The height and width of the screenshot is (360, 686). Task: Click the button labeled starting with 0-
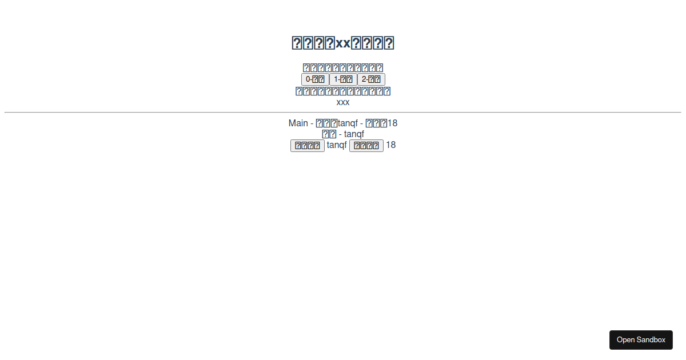click(x=315, y=79)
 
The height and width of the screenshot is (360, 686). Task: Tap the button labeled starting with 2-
click(x=371, y=79)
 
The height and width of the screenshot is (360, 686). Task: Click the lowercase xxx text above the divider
click(x=343, y=102)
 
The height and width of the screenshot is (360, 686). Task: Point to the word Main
click(x=298, y=123)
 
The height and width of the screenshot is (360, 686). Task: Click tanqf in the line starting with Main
click(x=348, y=123)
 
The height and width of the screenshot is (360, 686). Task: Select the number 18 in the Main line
click(x=392, y=123)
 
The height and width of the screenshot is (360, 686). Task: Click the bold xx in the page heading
click(x=343, y=43)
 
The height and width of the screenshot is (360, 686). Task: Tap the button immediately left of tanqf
click(x=308, y=146)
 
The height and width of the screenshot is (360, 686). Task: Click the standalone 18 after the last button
click(x=390, y=145)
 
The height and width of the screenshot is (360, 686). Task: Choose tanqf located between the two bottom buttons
click(x=337, y=145)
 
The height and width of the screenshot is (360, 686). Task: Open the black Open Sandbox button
click(x=641, y=340)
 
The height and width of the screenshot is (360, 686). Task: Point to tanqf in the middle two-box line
click(x=354, y=134)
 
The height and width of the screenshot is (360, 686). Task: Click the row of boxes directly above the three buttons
click(x=343, y=68)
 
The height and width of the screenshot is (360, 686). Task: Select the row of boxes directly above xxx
click(x=343, y=91)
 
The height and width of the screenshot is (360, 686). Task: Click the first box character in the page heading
click(x=297, y=43)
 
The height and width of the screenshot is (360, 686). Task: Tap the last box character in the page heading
click(x=388, y=43)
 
